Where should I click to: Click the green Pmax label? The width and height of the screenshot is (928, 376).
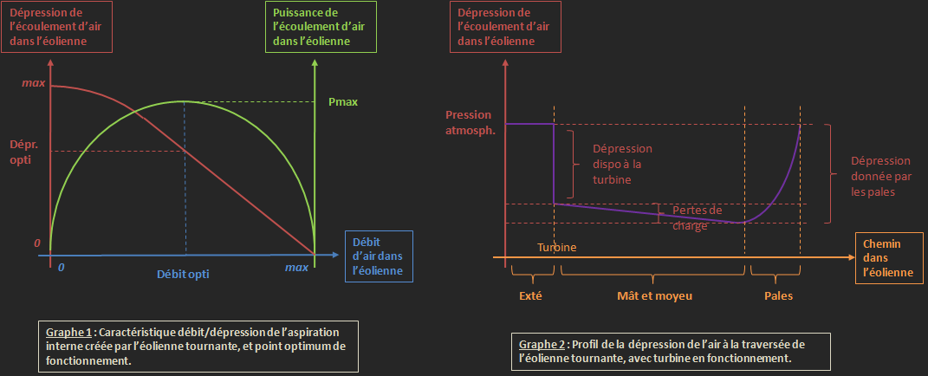point(343,101)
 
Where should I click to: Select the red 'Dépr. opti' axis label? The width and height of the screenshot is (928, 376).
point(25,152)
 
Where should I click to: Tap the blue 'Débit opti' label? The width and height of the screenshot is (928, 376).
point(183,273)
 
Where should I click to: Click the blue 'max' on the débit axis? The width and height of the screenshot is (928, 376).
point(296,268)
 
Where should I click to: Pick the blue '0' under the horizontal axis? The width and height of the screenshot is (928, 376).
point(61,268)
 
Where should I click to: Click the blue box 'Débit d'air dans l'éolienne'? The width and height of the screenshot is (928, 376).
point(379,256)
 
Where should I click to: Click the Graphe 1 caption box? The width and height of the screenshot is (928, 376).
point(198,346)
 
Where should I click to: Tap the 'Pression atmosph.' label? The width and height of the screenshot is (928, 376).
point(468,122)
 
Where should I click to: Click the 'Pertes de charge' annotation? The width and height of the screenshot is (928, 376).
point(697,217)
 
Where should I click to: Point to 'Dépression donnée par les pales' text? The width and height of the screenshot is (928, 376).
point(879,176)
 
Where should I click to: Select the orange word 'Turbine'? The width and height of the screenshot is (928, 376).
point(556,247)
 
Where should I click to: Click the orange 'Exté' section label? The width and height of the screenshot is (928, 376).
point(529,295)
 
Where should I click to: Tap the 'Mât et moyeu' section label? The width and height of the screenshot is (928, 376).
point(653,295)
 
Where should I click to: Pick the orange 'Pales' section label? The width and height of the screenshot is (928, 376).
point(777,295)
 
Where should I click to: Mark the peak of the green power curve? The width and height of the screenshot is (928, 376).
point(184,101)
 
